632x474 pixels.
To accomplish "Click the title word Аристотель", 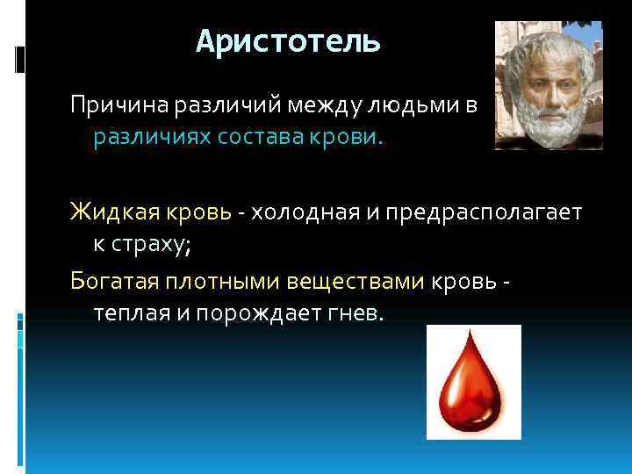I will [x=288, y=42].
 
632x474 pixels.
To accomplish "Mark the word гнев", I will [x=357, y=312].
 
